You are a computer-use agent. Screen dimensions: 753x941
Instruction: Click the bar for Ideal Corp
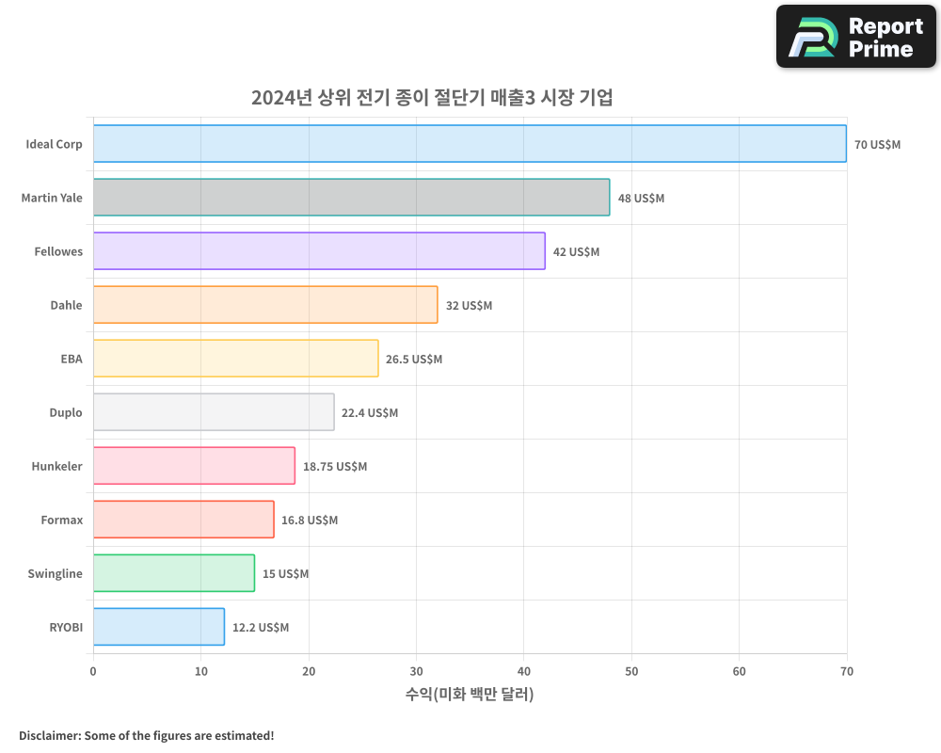coord(470,144)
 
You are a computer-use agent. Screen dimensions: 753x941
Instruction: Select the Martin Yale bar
coord(351,198)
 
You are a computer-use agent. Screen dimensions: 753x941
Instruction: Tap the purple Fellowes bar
coord(319,251)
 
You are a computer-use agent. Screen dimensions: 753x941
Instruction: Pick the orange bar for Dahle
coord(265,305)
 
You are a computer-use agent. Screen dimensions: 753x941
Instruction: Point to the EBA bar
coord(235,359)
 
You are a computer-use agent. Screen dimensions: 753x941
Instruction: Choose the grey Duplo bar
coord(214,412)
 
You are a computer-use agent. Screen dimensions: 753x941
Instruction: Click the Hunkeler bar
coord(194,466)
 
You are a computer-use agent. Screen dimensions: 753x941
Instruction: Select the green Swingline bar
coord(174,573)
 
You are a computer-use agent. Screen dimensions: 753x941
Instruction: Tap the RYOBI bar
coord(159,627)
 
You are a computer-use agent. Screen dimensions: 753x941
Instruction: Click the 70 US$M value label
coord(877,145)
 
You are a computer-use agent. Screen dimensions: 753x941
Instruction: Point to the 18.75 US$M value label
coord(335,467)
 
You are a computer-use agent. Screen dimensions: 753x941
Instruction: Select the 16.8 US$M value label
coord(310,521)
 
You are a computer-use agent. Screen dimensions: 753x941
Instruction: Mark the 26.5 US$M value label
coord(414,360)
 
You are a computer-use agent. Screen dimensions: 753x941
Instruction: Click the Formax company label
coord(61,520)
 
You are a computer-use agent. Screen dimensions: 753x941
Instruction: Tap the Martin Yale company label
coord(52,198)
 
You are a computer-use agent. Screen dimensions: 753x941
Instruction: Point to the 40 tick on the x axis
coord(523,671)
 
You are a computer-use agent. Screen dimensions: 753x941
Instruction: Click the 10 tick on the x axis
coord(200,671)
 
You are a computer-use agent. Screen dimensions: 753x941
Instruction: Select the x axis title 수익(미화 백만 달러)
coord(470,695)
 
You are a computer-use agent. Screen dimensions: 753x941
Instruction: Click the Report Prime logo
coord(855,37)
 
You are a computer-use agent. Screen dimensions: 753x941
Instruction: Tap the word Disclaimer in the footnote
coord(48,735)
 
